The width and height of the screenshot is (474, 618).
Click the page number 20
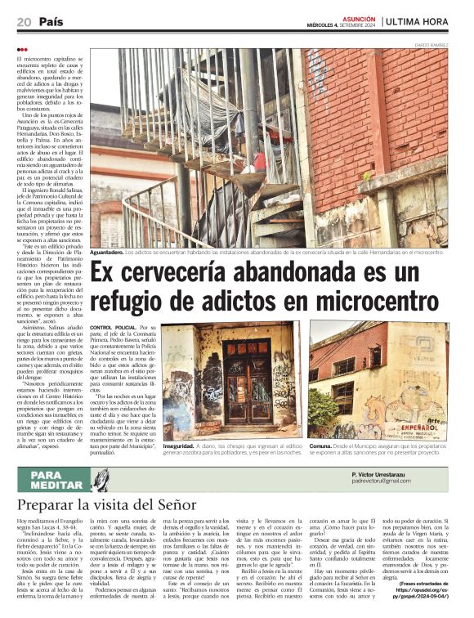pyautogui.click(x=24, y=21)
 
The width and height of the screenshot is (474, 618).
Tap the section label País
pyautogui.click(x=51, y=21)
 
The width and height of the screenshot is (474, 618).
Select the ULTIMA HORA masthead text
pyautogui.click(x=426, y=22)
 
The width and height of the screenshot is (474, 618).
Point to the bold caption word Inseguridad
pyautogui.click(x=179, y=446)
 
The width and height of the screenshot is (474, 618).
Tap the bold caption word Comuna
pyautogui.click(x=320, y=446)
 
